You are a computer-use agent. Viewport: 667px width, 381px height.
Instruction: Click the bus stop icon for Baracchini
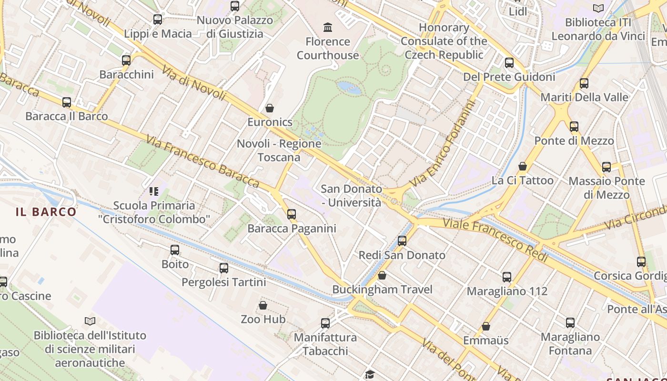coord(126,60)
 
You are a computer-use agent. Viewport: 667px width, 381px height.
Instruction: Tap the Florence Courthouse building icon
coord(328,27)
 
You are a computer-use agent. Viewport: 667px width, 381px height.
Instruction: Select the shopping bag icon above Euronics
coord(270,108)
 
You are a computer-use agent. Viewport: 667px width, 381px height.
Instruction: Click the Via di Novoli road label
coord(193,82)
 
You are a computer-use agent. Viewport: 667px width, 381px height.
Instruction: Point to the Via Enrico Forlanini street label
coord(442,146)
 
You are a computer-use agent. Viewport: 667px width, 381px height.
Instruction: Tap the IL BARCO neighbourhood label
coord(46,212)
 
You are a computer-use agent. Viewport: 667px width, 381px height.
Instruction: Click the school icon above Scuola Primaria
coord(153,191)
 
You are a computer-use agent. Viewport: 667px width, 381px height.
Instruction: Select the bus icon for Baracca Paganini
coord(292,214)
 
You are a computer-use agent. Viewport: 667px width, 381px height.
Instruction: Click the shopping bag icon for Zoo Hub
coord(263,305)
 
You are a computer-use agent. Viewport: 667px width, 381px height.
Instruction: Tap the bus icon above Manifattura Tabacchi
coord(325,323)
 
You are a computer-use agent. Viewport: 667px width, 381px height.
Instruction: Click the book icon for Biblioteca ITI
coord(598,8)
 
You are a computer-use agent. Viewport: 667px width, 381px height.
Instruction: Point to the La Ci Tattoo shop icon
coord(523,166)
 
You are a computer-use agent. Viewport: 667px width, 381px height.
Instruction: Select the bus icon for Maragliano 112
coord(507,277)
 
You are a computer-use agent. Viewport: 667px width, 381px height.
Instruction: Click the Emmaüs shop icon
coord(486,326)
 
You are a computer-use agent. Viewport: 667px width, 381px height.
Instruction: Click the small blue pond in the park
coord(349,88)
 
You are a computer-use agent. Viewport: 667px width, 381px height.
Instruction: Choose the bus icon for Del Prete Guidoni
coord(509,63)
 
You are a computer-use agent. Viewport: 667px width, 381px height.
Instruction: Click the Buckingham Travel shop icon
coord(382,275)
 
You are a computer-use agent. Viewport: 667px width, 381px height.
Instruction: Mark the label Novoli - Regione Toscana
coord(279,150)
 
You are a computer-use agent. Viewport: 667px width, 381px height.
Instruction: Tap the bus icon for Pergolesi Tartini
coord(224,268)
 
